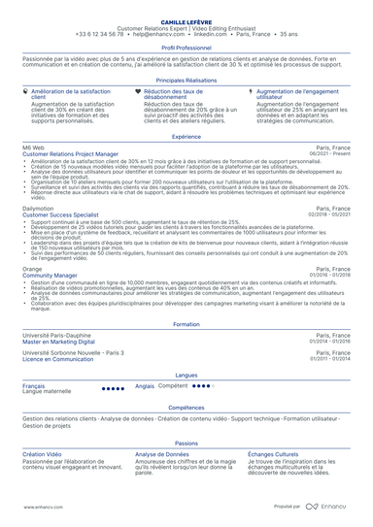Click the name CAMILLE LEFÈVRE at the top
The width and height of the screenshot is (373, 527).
pos(186,19)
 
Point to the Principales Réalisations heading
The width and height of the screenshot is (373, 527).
pos(186,80)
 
